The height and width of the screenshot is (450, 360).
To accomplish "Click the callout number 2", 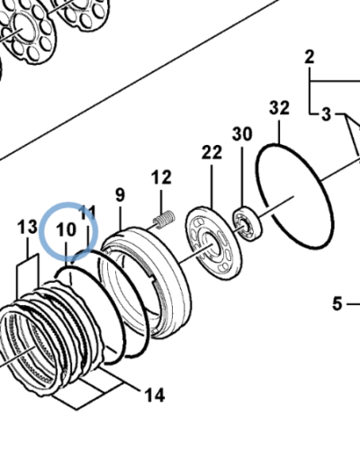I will [x=309, y=58].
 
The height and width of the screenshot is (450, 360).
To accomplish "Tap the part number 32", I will [x=279, y=108].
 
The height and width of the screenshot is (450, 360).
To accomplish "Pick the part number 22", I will [x=211, y=153].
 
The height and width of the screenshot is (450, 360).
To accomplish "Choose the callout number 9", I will [x=120, y=193].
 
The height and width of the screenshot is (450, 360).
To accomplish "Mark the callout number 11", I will [x=87, y=212].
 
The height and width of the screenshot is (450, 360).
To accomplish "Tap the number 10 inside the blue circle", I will [x=67, y=230].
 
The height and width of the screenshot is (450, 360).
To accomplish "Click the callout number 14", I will [x=154, y=393].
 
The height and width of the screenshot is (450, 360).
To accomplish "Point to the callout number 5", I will [x=336, y=303].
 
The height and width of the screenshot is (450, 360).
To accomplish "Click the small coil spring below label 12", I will [x=164, y=219].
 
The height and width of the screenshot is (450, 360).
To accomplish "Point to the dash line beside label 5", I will [x=353, y=304].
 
